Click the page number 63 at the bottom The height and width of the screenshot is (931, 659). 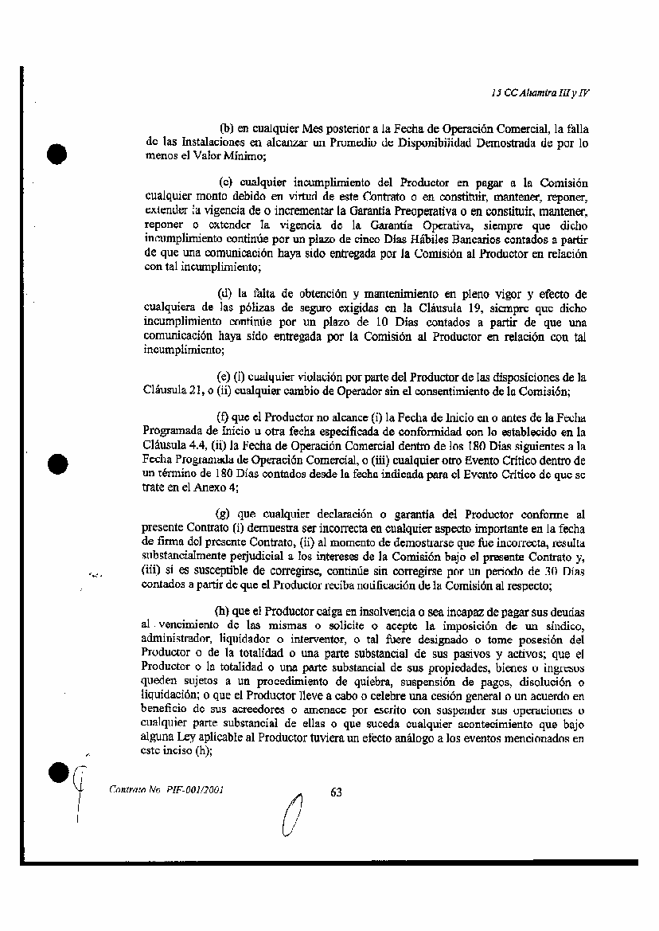coord(335,792)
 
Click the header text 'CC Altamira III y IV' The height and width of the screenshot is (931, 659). coord(545,92)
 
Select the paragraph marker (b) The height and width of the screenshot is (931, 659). coord(225,128)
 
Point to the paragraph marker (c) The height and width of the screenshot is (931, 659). coord(225,182)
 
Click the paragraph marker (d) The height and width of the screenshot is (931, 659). coord(225,293)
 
